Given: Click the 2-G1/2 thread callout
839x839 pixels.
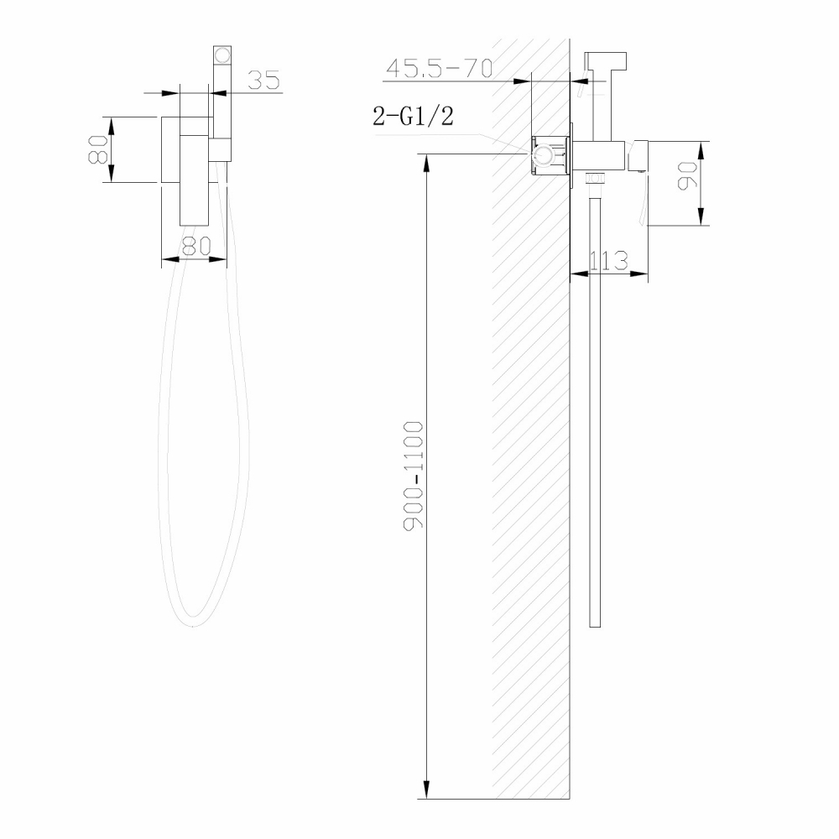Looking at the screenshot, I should click(414, 117).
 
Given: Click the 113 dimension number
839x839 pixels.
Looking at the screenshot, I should click(609, 261).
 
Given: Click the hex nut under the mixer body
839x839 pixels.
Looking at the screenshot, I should click(595, 177).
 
